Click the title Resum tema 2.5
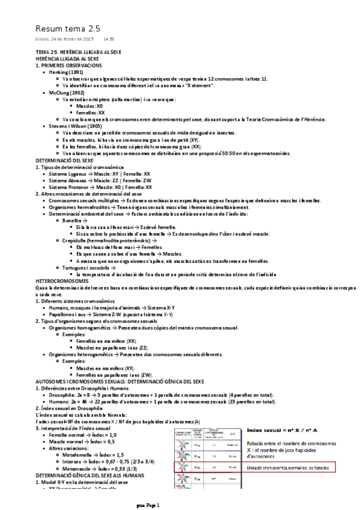67,28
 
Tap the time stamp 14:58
109,40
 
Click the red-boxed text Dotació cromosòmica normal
289,467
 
